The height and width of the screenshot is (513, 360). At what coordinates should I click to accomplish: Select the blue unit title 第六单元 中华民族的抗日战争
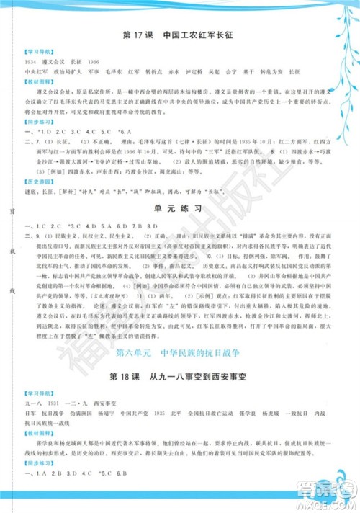pos(181,354)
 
